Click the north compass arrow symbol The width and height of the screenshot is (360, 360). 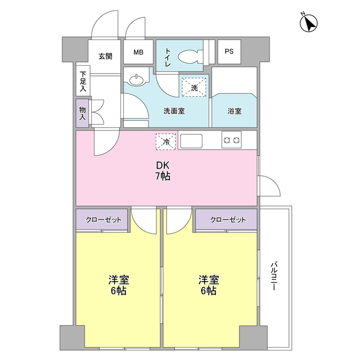point(308,23)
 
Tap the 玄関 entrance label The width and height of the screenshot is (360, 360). point(105,56)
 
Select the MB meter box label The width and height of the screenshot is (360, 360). point(138,52)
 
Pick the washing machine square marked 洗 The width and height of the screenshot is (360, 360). point(194,87)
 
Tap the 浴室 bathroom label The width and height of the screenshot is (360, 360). point(235,111)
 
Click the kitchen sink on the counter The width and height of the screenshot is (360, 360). point(192,140)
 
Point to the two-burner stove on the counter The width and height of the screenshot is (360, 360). point(231,139)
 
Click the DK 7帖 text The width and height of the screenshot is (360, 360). point(163,171)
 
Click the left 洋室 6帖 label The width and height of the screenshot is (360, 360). point(118,285)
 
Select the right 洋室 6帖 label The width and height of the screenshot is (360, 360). point(208,285)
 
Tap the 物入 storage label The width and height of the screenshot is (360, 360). point(82,112)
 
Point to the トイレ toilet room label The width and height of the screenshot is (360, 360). point(168,58)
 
